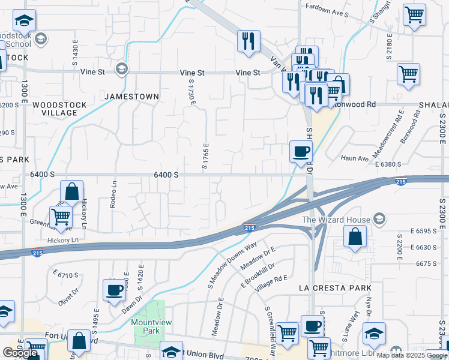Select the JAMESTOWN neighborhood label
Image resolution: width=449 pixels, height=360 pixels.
131,97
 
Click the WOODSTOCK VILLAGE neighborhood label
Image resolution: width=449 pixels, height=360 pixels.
59,109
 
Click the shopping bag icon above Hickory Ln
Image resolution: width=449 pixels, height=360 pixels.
72,192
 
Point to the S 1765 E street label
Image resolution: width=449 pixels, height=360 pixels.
205,157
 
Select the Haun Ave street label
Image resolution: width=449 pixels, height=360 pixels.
354,158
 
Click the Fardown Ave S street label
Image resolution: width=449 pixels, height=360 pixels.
327,13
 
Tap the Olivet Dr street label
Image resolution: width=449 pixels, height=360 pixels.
69,297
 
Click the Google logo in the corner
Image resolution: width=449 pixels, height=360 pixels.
20,353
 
